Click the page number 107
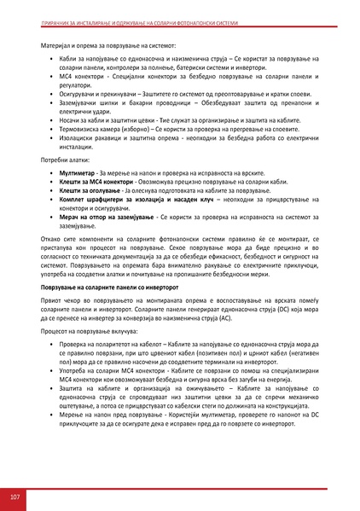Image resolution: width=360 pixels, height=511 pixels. point(15,496)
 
